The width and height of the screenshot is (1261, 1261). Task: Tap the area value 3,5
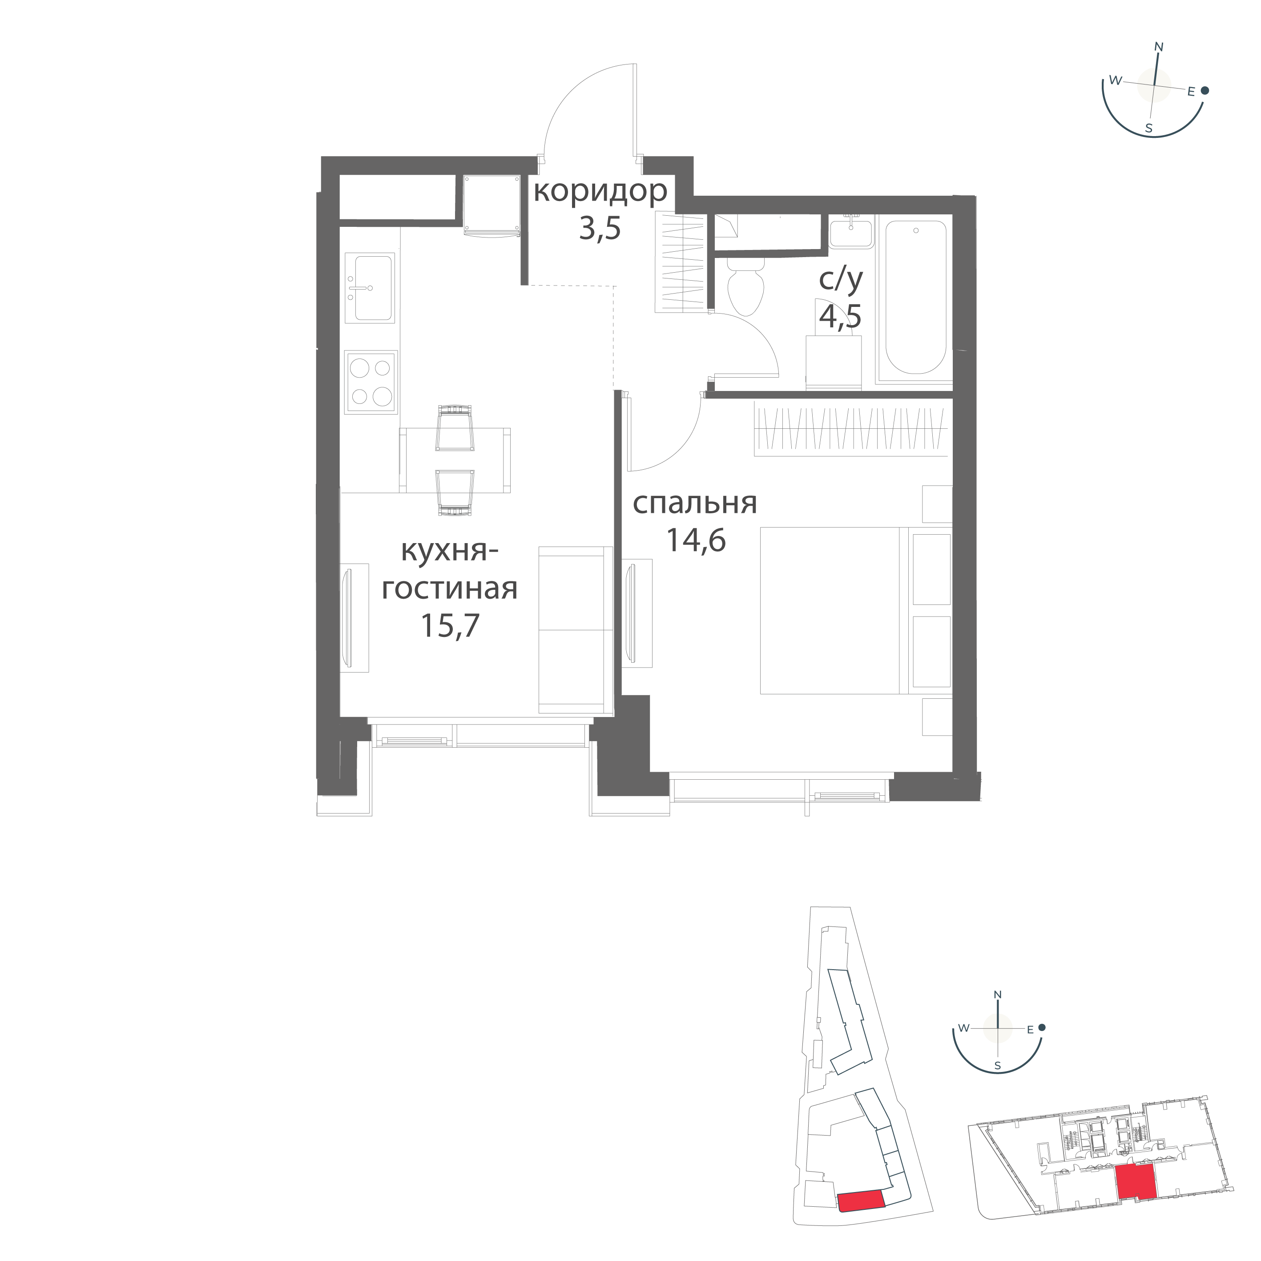tap(600, 230)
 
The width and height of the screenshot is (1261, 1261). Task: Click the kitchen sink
tap(370, 288)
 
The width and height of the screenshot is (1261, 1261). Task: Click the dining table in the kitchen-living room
tap(455, 460)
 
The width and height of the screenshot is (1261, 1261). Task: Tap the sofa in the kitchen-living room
tap(576, 630)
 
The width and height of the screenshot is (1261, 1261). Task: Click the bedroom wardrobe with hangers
tap(851, 429)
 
